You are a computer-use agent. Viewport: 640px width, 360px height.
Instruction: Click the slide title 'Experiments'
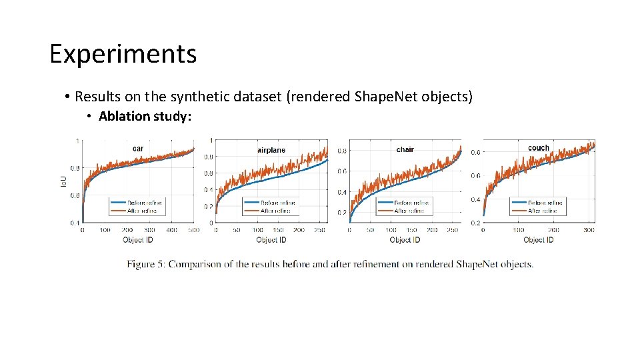pos(123,54)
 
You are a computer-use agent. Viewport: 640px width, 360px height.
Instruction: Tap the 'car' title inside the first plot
pos(137,148)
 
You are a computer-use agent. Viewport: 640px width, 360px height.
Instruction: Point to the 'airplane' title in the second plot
pos(271,150)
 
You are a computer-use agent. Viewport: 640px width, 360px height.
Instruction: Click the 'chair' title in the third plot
pos(405,149)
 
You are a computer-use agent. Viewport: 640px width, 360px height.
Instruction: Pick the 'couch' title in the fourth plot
pos(538,148)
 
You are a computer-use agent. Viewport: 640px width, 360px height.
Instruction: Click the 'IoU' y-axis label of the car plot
pos(65,180)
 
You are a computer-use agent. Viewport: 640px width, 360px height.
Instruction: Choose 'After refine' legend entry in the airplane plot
pos(275,211)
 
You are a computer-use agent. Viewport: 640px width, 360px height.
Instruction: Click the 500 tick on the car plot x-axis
pos(194,230)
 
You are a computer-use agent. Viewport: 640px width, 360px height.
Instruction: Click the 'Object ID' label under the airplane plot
pos(271,239)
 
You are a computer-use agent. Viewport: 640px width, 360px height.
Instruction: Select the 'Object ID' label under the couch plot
pos(538,239)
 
